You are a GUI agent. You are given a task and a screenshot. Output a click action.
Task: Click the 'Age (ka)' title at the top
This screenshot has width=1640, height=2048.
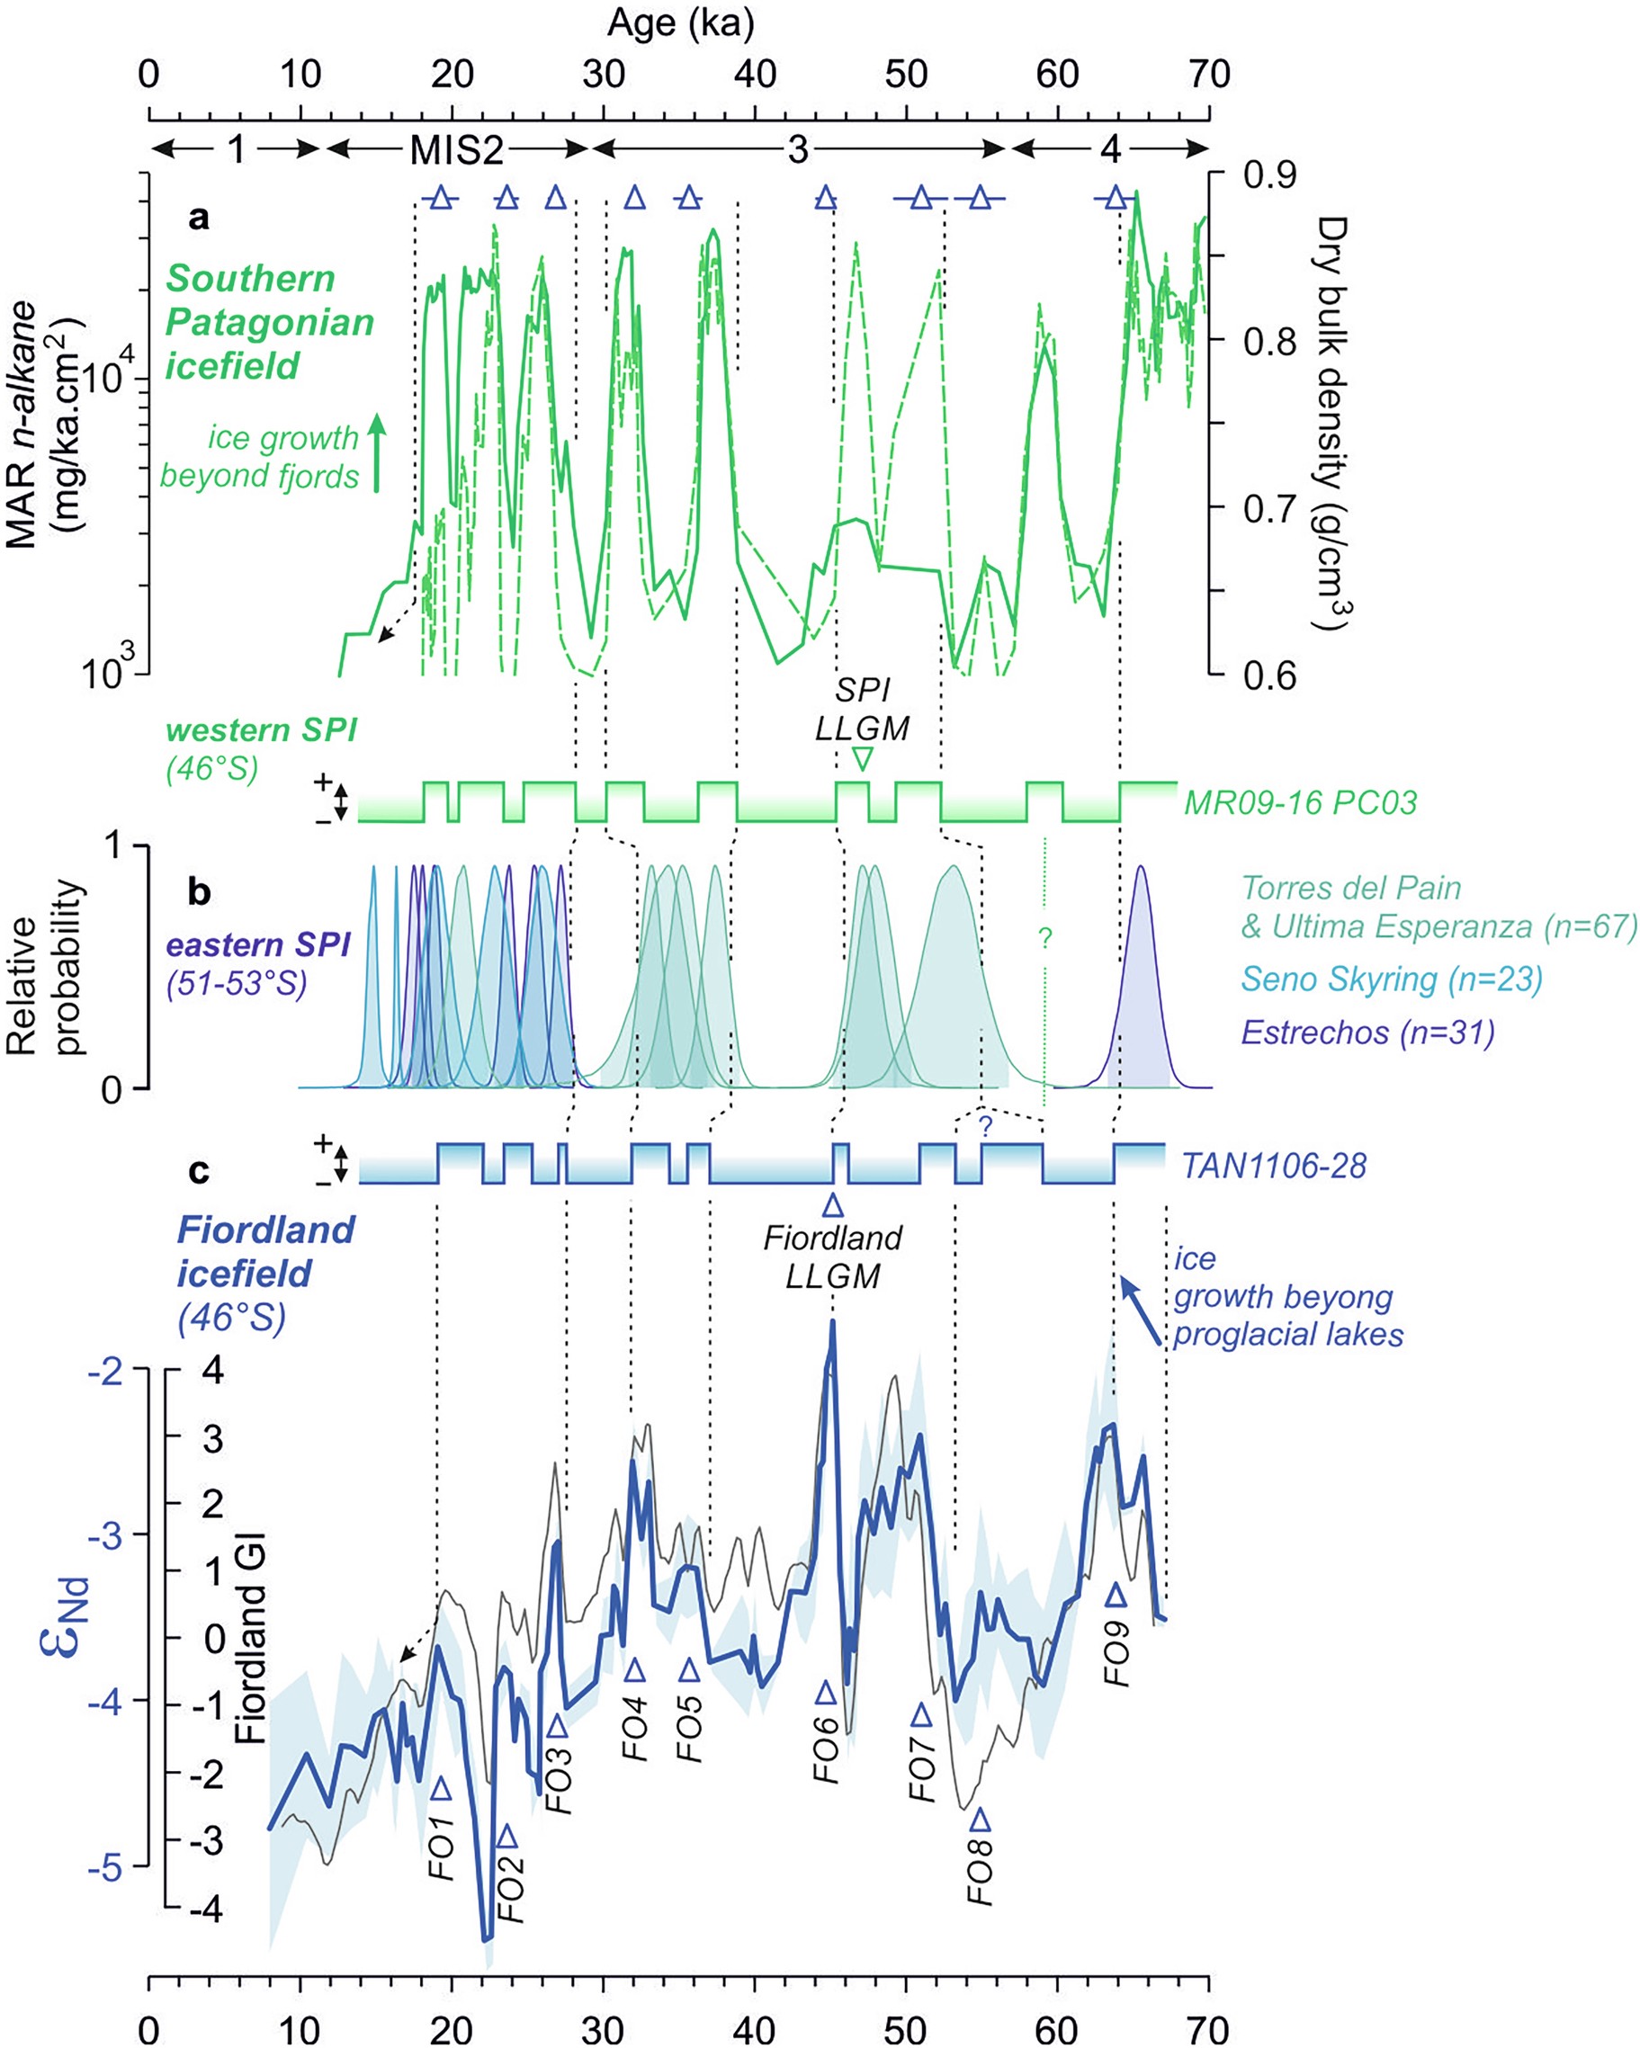pyautogui.click(x=680, y=22)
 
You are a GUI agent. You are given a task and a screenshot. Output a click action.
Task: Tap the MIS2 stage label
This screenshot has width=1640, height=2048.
pyautogui.click(x=456, y=150)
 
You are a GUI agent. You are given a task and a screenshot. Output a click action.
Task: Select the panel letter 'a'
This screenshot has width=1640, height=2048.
pyautogui.click(x=199, y=218)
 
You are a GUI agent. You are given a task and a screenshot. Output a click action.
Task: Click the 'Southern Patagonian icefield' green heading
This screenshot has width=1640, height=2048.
pyautogui.click(x=269, y=322)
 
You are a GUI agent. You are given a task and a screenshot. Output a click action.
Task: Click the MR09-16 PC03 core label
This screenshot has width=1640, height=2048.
pyautogui.click(x=1300, y=802)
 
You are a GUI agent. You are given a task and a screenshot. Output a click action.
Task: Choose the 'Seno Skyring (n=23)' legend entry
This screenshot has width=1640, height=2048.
pyautogui.click(x=1392, y=979)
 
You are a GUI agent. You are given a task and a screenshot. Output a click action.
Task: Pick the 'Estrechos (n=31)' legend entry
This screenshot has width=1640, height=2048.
pyautogui.click(x=1368, y=1032)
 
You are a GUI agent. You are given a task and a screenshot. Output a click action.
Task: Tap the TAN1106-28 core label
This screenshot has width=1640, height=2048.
pyautogui.click(x=1273, y=1166)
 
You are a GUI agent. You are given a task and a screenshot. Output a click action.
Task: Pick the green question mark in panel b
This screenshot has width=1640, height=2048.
pyautogui.click(x=1045, y=937)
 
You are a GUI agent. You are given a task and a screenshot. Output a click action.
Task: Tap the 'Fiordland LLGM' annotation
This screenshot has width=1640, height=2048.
pyautogui.click(x=832, y=1256)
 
